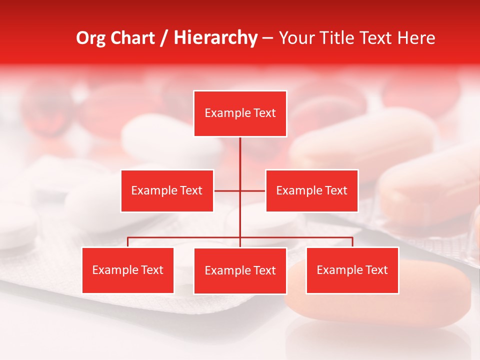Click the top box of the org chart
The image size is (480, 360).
240,113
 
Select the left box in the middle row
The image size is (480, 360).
167,190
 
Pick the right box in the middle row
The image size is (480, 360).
311,190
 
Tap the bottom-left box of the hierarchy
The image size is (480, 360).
128,270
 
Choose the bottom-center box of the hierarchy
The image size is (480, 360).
240,270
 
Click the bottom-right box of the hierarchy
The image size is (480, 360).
352,270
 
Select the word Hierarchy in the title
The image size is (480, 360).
215,38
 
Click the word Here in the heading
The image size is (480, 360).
416,38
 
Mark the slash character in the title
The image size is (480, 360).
164,38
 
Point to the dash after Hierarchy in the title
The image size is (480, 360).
267,38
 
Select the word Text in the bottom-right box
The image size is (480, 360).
376,270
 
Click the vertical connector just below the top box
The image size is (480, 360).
240,150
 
